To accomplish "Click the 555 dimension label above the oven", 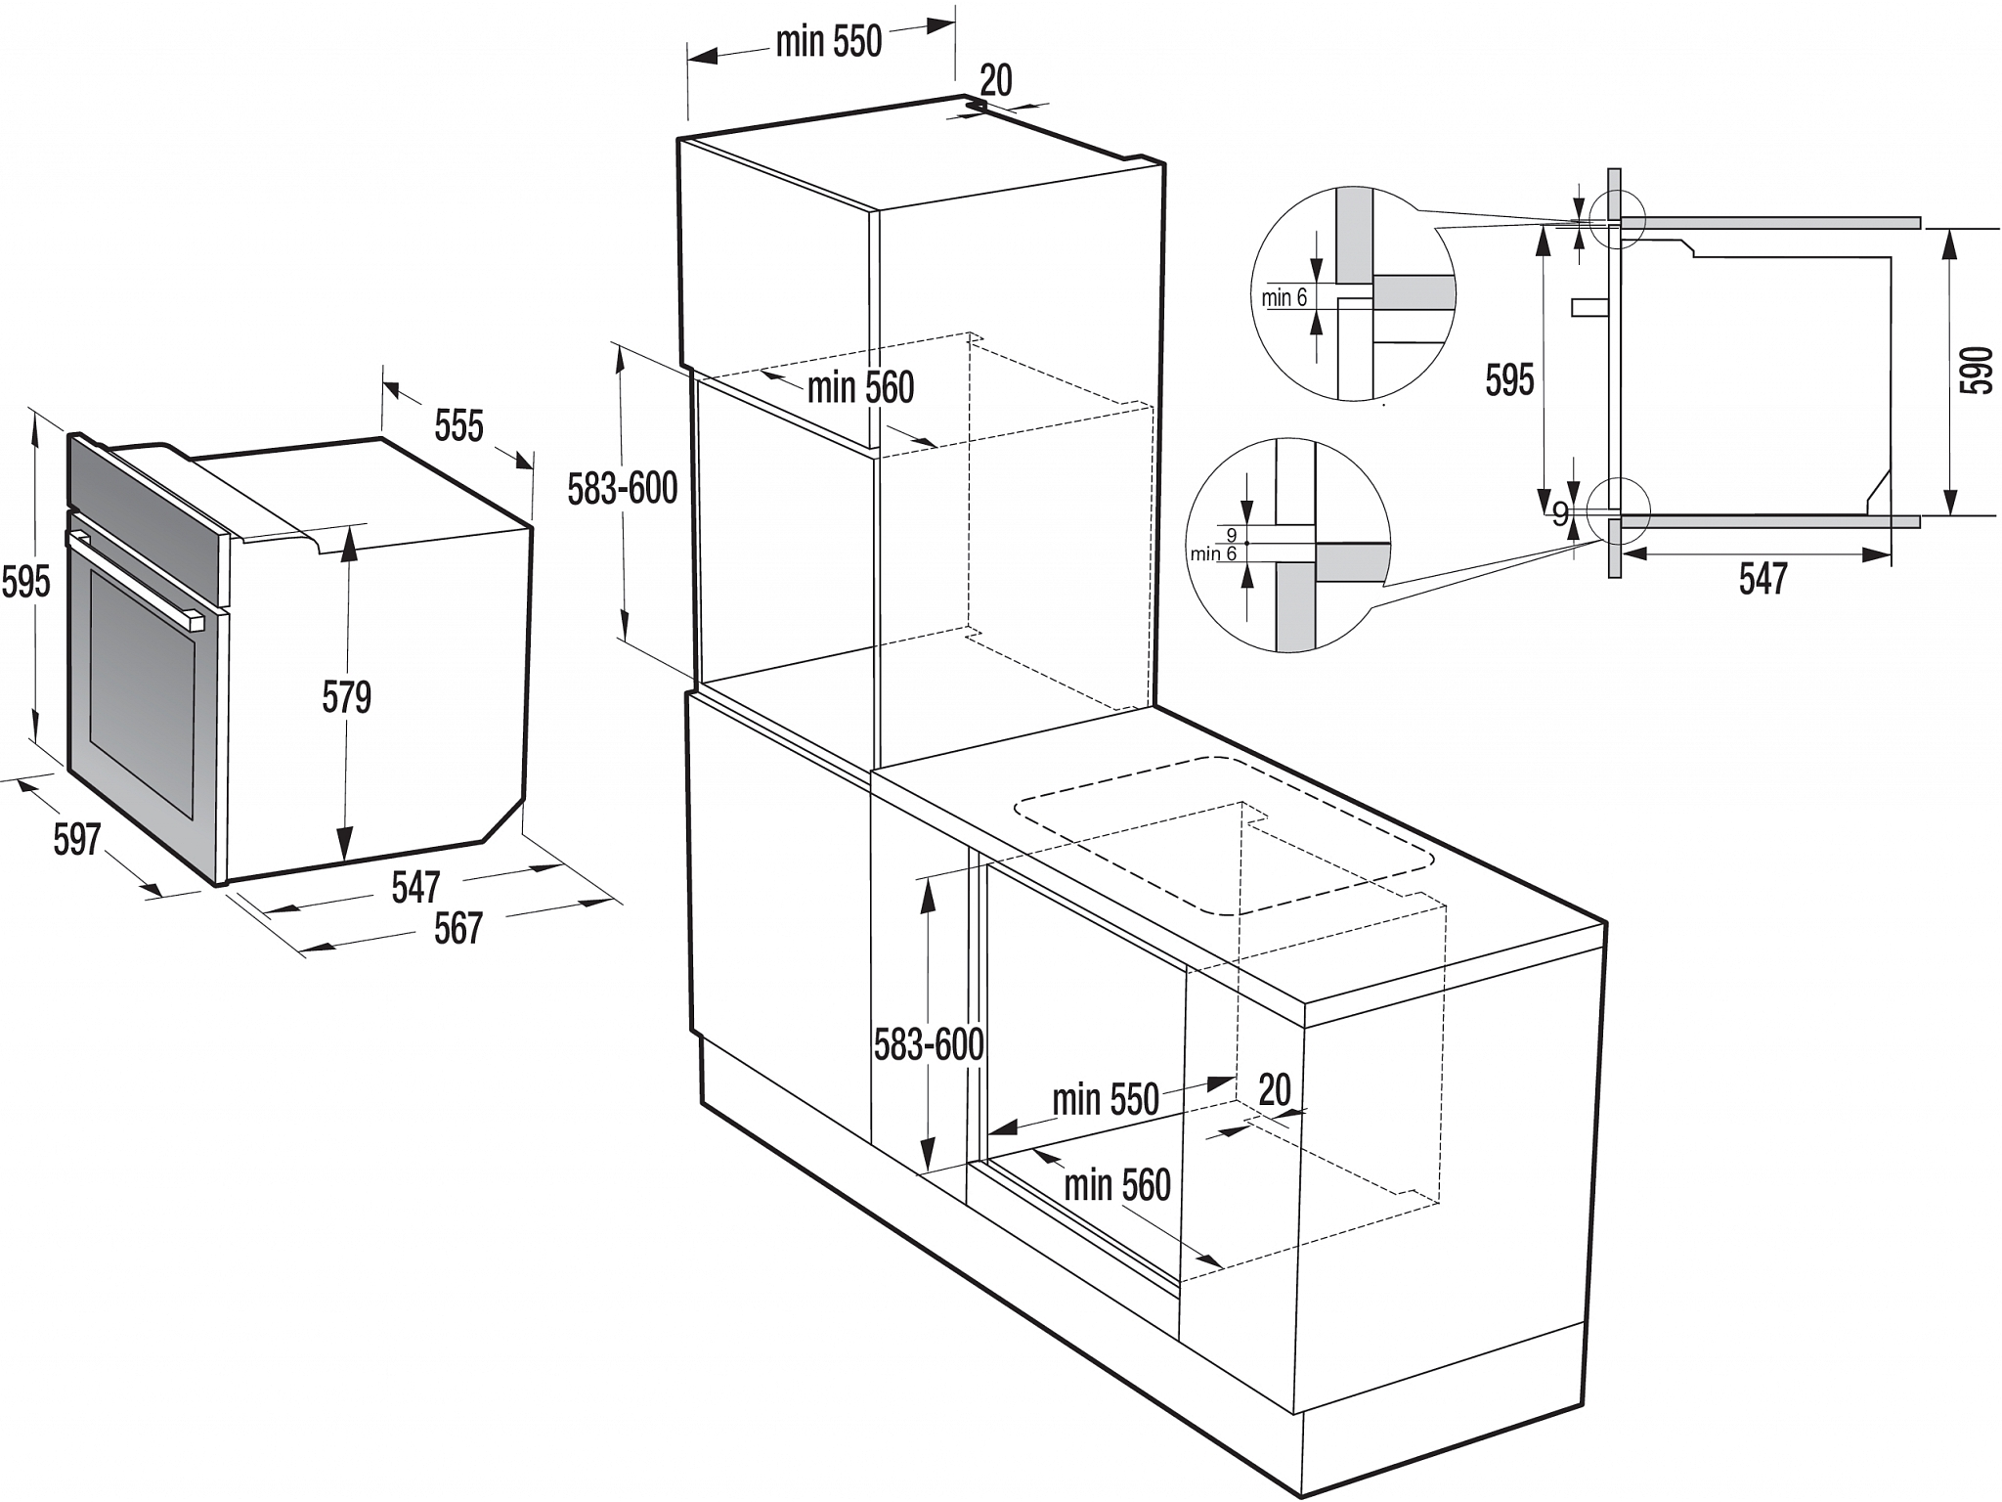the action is pyautogui.click(x=458, y=426).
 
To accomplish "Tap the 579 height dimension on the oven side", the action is pyautogui.click(x=347, y=697).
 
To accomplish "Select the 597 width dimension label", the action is pyautogui.click(x=77, y=839).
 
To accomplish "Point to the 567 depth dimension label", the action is pyautogui.click(x=458, y=928).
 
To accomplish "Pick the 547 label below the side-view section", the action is pyautogui.click(x=1763, y=579).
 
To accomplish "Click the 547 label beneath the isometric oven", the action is pyautogui.click(x=416, y=888).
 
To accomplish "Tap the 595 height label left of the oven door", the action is pyautogui.click(x=25, y=582).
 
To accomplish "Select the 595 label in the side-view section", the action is pyautogui.click(x=1510, y=379).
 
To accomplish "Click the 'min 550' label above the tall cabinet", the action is pyautogui.click(x=829, y=42).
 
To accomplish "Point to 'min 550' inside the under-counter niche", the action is pyautogui.click(x=1106, y=1100).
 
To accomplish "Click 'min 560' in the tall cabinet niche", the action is pyautogui.click(x=860, y=388).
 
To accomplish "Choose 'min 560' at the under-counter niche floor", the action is pyautogui.click(x=1117, y=1185).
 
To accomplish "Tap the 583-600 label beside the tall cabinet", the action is pyautogui.click(x=623, y=488).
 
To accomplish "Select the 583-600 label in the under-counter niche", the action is pyautogui.click(x=929, y=1045).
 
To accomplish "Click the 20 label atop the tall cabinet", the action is pyautogui.click(x=996, y=80).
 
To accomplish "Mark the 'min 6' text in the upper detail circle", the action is pyautogui.click(x=1284, y=298).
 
